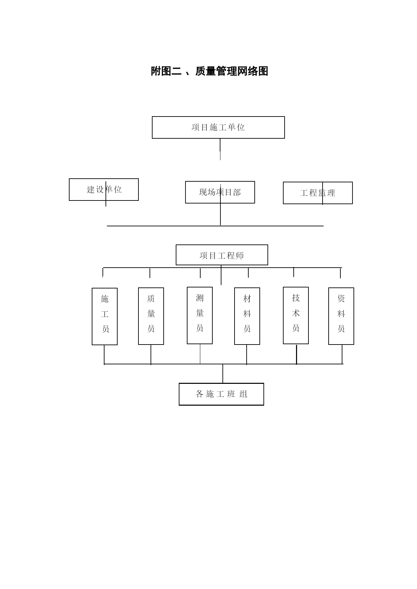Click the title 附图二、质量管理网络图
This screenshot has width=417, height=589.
click(x=209, y=71)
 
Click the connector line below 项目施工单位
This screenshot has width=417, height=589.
click(x=220, y=149)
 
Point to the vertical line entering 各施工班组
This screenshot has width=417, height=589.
click(x=223, y=373)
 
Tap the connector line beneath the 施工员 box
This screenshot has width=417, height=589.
click(x=104, y=355)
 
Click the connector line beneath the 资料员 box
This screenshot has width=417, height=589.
click(x=342, y=354)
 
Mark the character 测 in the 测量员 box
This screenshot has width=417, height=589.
click(x=200, y=298)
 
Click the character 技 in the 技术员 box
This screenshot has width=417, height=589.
click(x=296, y=298)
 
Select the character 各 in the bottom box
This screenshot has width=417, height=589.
click(x=200, y=394)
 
